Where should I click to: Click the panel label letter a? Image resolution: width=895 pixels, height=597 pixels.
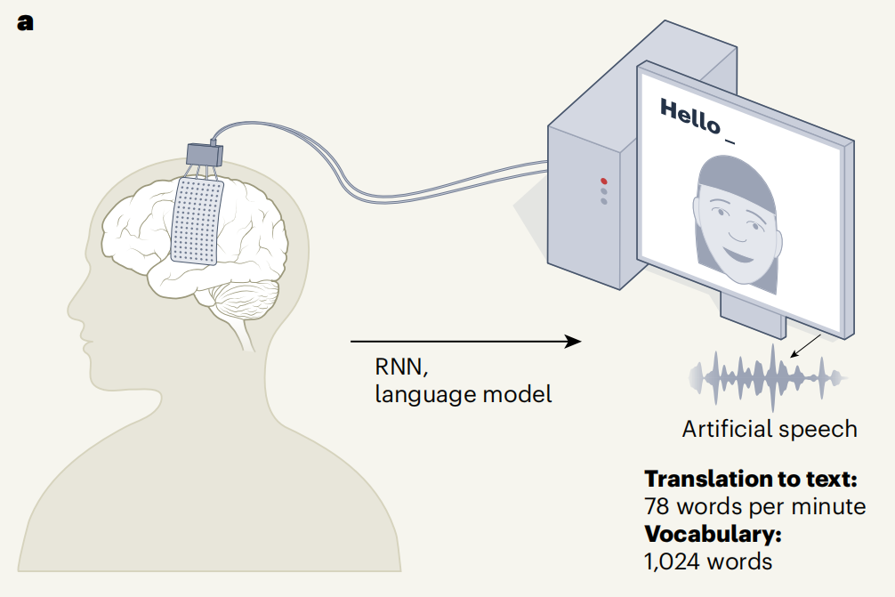tap(25, 22)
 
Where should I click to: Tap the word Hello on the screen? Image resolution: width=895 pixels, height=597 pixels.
tap(689, 116)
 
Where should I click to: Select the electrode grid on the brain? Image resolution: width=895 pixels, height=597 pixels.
tap(198, 221)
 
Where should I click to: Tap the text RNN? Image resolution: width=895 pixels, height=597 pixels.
tap(395, 367)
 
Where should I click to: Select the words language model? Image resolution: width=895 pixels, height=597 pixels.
tap(463, 393)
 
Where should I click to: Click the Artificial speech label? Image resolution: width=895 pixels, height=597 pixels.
tap(770, 429)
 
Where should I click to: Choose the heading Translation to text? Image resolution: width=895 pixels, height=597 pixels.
tap(751, 479)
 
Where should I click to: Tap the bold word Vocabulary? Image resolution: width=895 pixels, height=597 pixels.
tap(713, 535)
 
